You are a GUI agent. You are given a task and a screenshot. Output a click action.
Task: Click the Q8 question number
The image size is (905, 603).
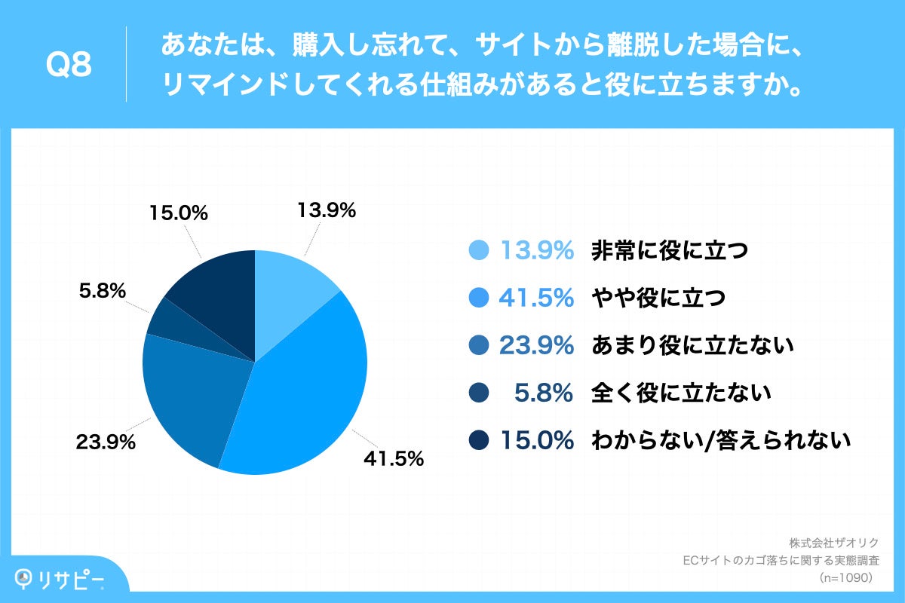coord(69,66)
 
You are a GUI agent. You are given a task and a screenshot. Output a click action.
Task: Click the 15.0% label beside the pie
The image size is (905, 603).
coord(178,214)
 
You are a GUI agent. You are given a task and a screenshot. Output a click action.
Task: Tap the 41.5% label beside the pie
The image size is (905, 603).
coord(393,458)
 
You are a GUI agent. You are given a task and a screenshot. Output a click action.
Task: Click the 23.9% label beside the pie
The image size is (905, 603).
coord(106,442)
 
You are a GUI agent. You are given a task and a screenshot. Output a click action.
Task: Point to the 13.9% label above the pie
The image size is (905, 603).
coord(326,212)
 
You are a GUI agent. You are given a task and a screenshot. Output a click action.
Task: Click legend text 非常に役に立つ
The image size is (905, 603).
coord(669,251)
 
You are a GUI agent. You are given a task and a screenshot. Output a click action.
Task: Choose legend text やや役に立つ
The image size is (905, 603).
coord(658,298)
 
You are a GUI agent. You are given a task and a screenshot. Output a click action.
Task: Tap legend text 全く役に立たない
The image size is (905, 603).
coord(681,393)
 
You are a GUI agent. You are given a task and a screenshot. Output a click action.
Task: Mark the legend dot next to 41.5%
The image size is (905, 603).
coord(480,298)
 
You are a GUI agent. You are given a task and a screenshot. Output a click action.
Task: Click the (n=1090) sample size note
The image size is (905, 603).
coord(845,578)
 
